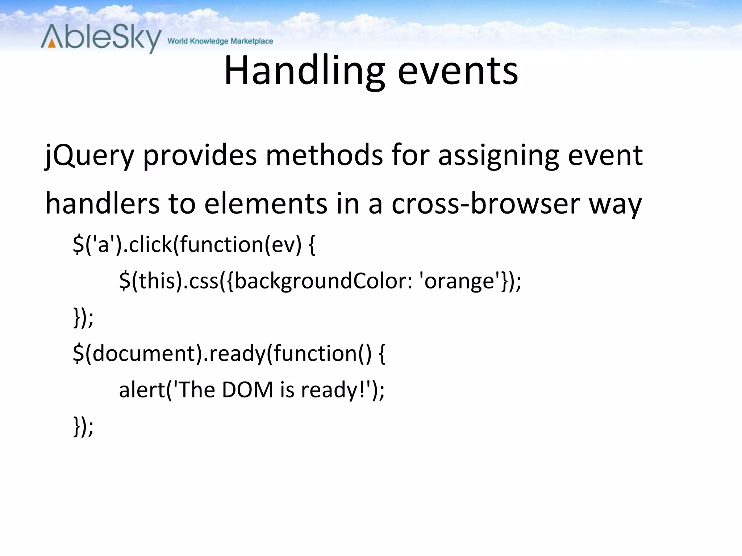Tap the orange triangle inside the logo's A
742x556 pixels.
click(x=52, y=43)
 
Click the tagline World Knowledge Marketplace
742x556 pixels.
click(x=220, y=41)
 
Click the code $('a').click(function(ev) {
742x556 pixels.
click(x=194, y=245)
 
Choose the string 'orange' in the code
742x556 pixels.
click(x=458, y=281)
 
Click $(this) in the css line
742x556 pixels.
click(x=150, y=281)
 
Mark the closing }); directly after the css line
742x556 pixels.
click(x=83, y=317)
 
